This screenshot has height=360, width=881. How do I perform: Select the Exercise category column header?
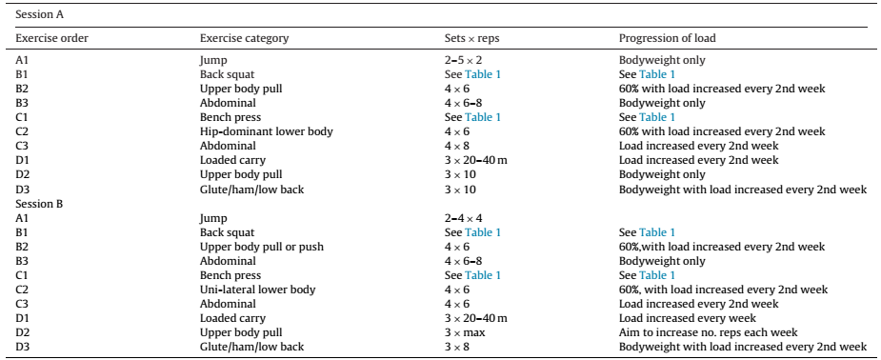tap(245, 39)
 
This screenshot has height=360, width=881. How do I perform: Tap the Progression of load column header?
tap(668, 39)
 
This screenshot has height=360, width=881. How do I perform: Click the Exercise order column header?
tap(51, 39)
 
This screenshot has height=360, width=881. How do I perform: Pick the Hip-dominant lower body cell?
tap(267, 131)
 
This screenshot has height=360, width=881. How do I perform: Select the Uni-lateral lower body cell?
tap(258, 290)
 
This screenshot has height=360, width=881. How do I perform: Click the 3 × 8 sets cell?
tap(457, 347)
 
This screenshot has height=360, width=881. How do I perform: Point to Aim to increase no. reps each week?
tap(709, 332)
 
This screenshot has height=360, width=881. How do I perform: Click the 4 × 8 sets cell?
tap(457, 146)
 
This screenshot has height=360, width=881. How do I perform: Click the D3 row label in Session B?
tap(22, 347)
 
